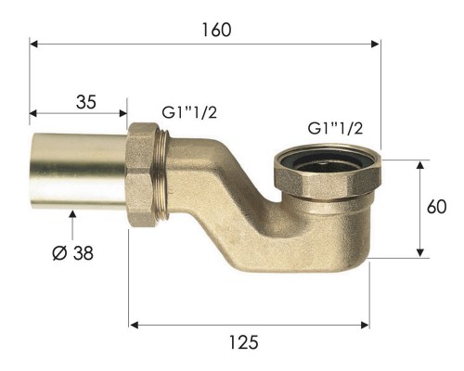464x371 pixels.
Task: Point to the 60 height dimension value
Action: pyautogui.click(x=437, y=208)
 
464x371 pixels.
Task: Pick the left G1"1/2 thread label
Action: pyautogui.click(x=189, y=112)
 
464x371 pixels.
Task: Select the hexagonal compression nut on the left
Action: pyautogui.click(x=146, y=173)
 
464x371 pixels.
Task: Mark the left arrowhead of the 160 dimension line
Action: pyautogui.click(x=33, y=43)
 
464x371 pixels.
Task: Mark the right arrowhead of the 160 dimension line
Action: pyautogui.click(x=377, y=43)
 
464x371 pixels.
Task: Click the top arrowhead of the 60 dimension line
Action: pyautogui.click(x=420, y=164)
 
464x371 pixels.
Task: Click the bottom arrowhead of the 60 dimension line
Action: pyautogui.click(x=420, y=254)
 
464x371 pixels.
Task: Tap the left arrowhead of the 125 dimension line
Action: pyautogui.click(x=133, y=325)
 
